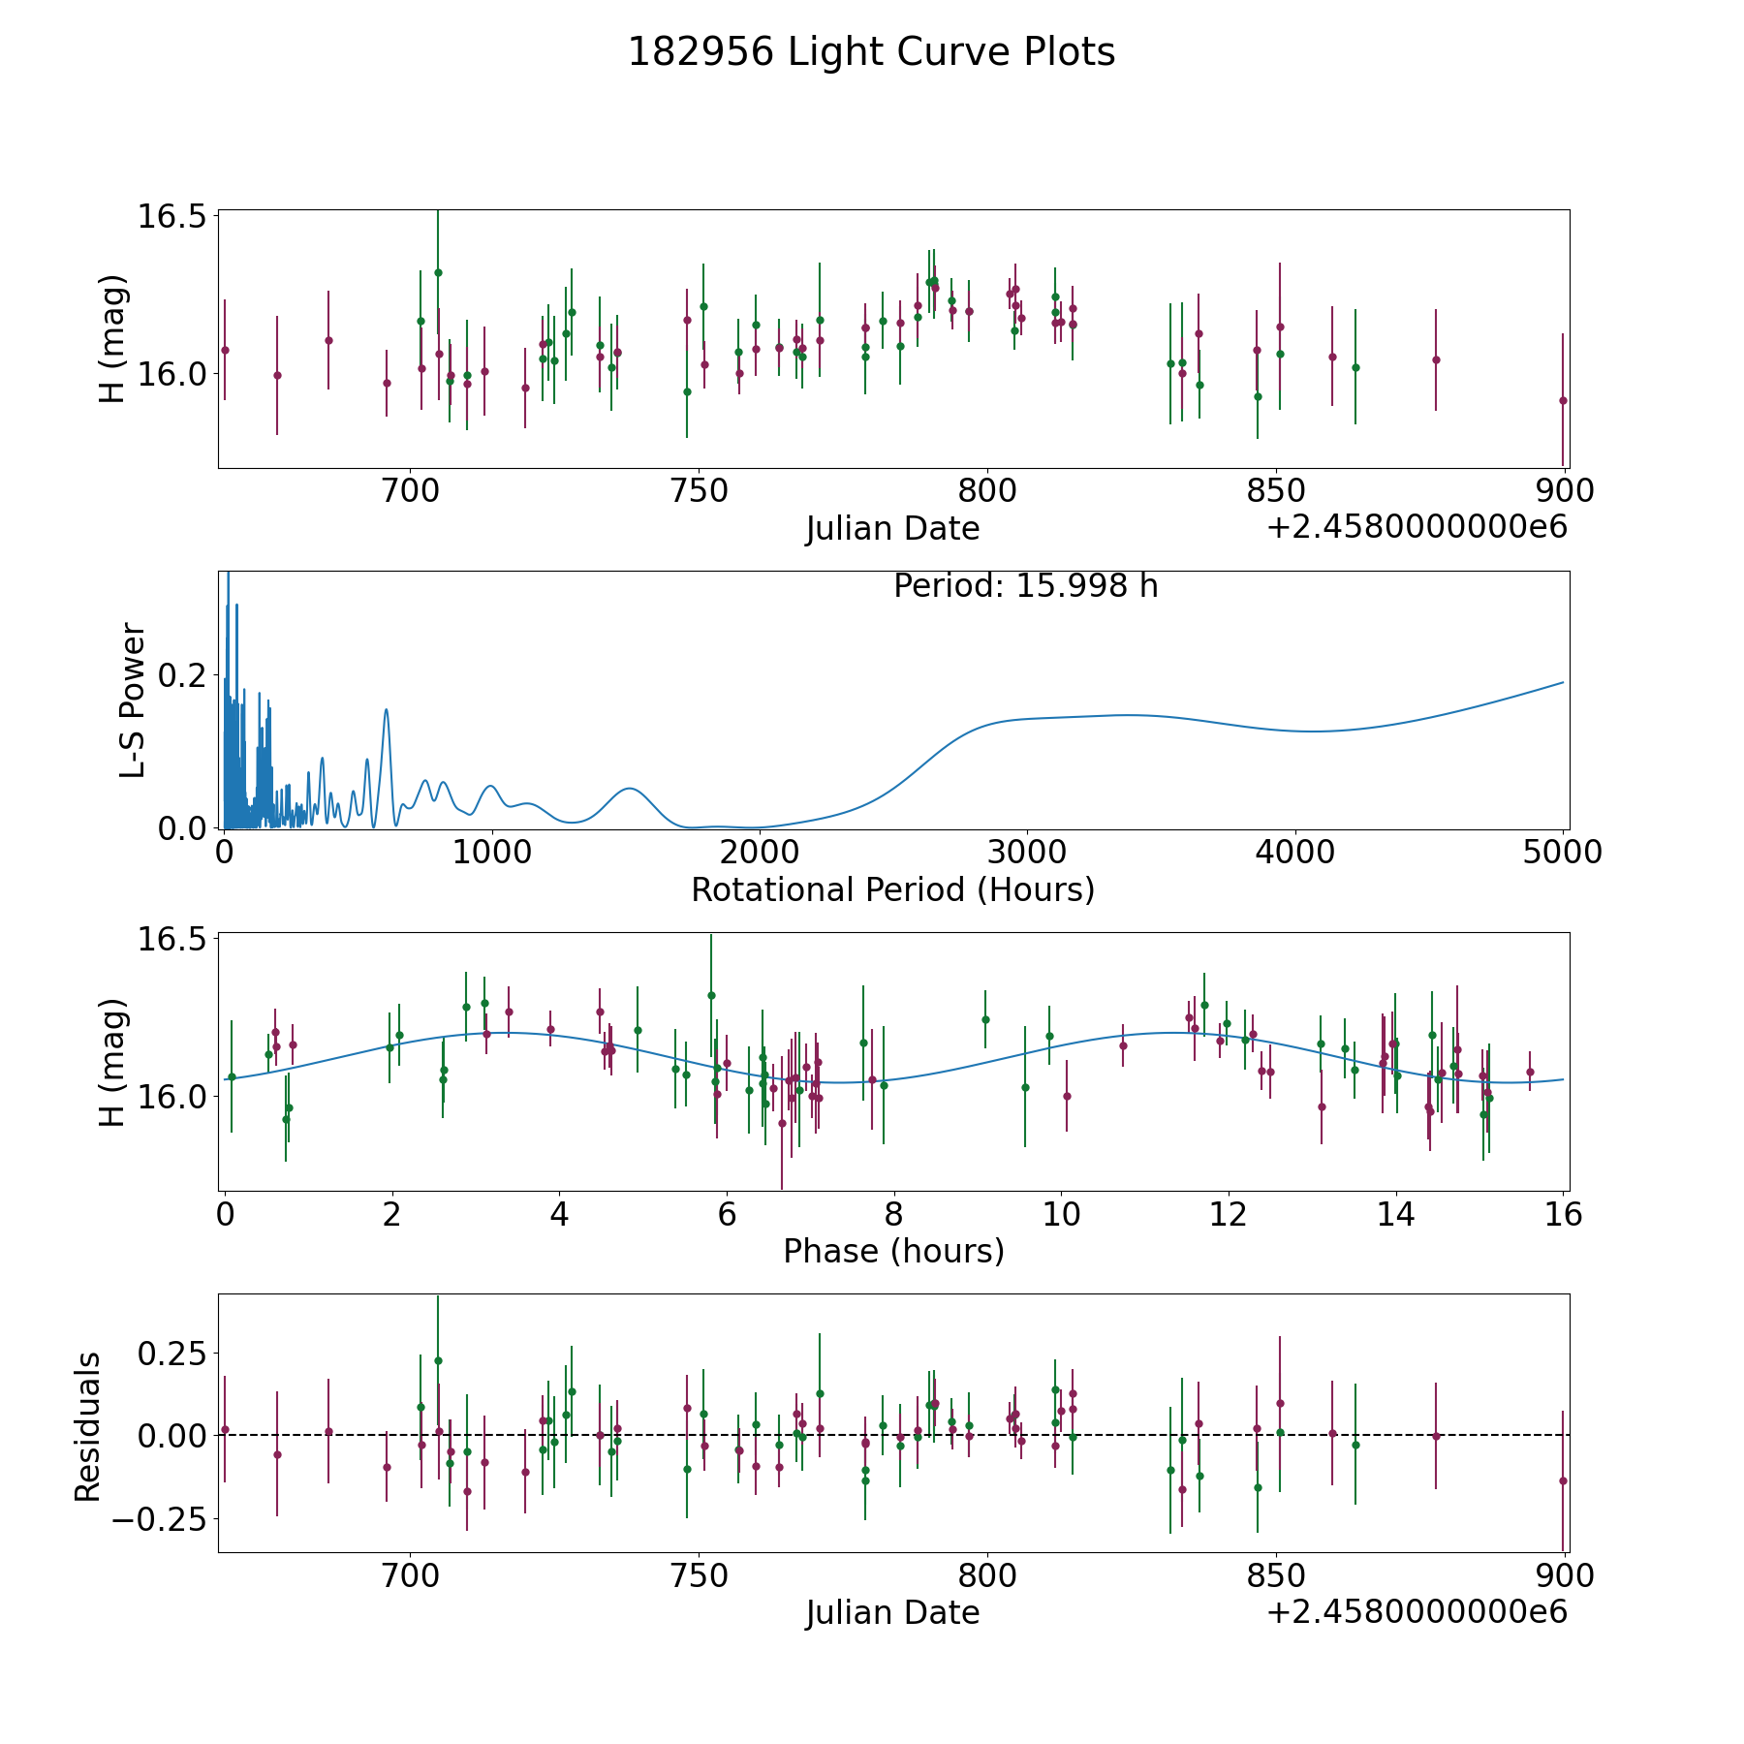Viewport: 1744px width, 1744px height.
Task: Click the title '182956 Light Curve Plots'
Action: click(x=871, y=52)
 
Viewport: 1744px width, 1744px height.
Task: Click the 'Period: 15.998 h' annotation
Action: click(x=1025, y=586)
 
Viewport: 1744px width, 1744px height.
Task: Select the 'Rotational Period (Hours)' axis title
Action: click(x=892, y=889)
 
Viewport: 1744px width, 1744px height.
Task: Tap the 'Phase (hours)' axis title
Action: click(x=893, y=1251)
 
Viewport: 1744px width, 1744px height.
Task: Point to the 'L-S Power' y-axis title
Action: click(x=133, y=700)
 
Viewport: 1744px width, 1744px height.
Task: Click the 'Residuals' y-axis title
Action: click(x=88, y=1427)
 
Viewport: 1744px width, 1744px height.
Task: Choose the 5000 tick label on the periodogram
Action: click(x=1562, y=853)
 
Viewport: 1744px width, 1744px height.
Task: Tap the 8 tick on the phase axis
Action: click(x=893, y=1214)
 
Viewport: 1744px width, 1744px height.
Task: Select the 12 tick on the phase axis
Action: click(x=1228, y=1214)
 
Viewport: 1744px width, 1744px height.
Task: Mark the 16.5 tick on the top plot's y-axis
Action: click(x=172, y=216)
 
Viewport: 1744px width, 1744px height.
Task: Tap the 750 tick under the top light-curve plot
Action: click(x=699, y=491)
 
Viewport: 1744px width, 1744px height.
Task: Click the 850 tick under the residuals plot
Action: click(x=1276, y=1575)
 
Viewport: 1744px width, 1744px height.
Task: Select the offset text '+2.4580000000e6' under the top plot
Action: click(x=1417, y=528)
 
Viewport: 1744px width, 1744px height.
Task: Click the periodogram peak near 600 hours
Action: click(x=387, y=710)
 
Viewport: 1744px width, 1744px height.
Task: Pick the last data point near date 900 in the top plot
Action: click(x=1563, y=400)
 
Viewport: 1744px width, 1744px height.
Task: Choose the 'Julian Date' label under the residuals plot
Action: click(x=892, y=1612)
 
